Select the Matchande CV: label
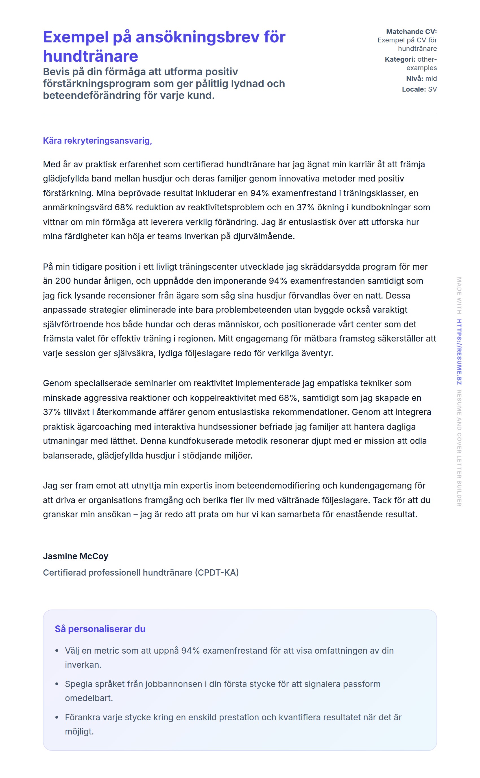click(411, 31)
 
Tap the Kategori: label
click(400, 59)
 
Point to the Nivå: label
click(414, 79)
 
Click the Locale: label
click(414, 89)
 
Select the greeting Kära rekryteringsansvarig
click(97, 141)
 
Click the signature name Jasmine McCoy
click(76, 556)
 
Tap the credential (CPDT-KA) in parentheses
click(217, 572)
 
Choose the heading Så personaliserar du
click(100, 629)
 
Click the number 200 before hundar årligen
click(63, 281)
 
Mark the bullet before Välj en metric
click(57, 651)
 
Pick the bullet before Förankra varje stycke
click(57, 717)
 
